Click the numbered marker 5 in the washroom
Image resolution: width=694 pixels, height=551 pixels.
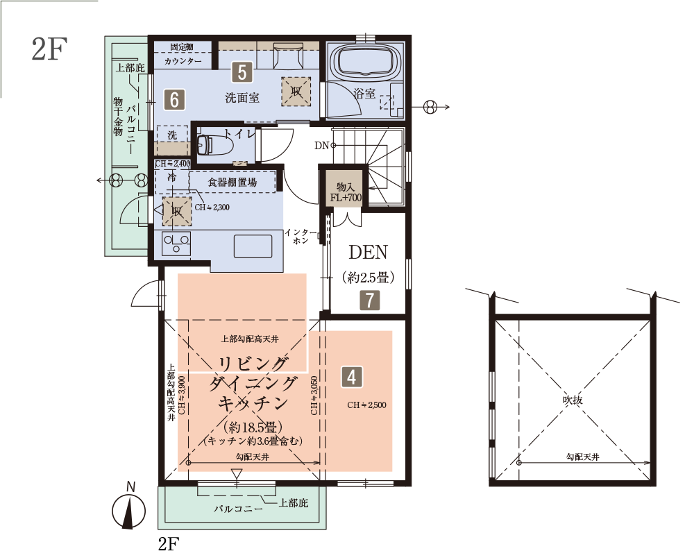click(242, 72)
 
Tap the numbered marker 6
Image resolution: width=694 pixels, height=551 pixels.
click(174, 99)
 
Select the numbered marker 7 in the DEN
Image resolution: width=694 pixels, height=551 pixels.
click(370, 300)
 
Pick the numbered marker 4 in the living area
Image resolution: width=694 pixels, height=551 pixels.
click(351, 377)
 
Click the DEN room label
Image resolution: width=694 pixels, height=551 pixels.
click(369, 253)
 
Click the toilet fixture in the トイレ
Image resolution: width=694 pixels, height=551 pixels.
click(210, 144)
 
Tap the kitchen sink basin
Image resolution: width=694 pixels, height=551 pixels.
click(253, 246)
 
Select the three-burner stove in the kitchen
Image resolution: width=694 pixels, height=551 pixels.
click(176, 243)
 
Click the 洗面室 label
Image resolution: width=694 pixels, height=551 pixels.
click(242, 98)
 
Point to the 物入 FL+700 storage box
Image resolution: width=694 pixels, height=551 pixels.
click(346, 192)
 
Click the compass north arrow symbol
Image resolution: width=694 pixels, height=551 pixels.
click(129, 512)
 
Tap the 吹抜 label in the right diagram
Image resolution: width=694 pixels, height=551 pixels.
click(573, 400)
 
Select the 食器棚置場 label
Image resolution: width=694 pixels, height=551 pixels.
click(232, 182)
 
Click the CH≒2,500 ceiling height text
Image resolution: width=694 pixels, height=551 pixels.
click(366, 405)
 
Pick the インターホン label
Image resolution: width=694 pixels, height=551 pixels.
click(301, 237)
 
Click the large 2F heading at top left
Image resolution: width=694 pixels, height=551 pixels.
click(49, 49)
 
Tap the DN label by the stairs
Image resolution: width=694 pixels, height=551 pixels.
click(322, 145)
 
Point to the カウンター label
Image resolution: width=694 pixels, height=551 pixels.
click(183, 61)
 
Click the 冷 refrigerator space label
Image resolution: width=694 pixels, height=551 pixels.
click(171, 178)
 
